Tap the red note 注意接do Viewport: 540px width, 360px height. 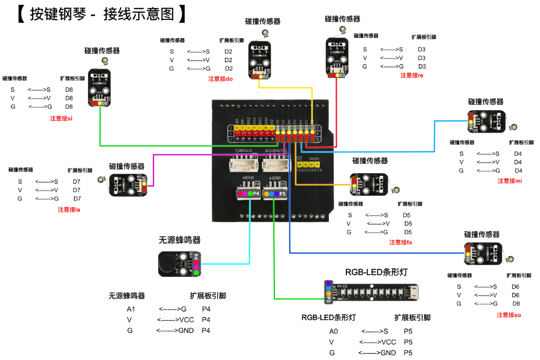pos(220,79)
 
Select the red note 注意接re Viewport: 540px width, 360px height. pos(411,76)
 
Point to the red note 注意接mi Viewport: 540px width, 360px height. pos(509,181)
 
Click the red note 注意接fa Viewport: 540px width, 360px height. pos(401,242)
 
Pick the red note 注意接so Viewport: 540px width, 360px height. pos(509,315)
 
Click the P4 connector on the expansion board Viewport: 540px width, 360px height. pos(248,193)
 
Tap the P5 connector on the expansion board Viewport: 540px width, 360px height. pos(275,193)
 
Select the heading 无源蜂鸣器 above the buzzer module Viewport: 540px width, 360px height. pos(179,240)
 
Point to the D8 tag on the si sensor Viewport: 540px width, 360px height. pos(105,103)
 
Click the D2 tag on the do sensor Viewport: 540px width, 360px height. pos(266,77)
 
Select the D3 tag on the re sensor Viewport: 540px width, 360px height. pos(342,76)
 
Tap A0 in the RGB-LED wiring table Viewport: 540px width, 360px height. pos(333,331)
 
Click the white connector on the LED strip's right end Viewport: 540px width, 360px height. pos(413,293)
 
